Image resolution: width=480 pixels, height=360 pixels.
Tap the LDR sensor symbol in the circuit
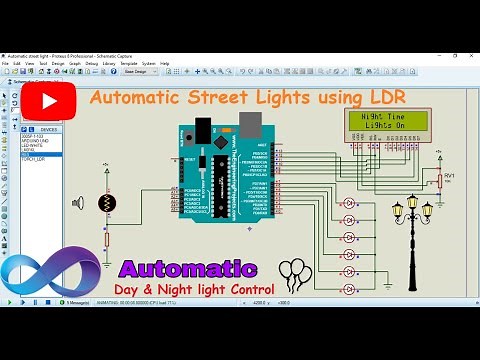(x=107, y=203)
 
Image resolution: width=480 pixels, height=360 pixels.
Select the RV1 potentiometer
(x=438, y=180)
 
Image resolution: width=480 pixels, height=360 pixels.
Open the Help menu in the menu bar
(x=165, y=63)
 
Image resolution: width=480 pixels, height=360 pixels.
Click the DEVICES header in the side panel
(x=47, y=129)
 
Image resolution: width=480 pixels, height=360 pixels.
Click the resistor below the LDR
(x=107, y=237)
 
